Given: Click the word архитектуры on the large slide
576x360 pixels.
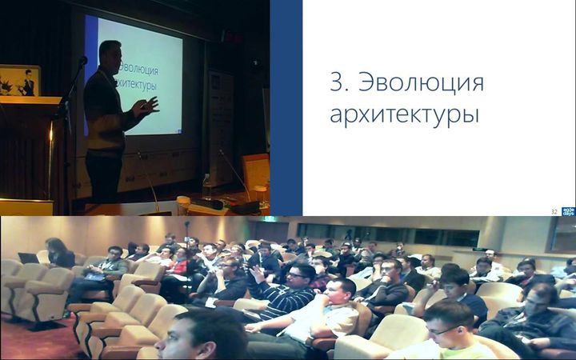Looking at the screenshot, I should [404, 114].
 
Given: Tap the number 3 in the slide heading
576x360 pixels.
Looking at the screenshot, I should [337, 83].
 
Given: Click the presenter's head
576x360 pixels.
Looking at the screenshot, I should [110, 56].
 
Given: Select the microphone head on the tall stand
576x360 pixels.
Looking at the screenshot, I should [82, 61].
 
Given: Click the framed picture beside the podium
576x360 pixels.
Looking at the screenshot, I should [20, 81].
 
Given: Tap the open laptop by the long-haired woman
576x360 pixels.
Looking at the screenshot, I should [30, 258].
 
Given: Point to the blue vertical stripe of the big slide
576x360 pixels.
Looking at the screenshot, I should [286, 108].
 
